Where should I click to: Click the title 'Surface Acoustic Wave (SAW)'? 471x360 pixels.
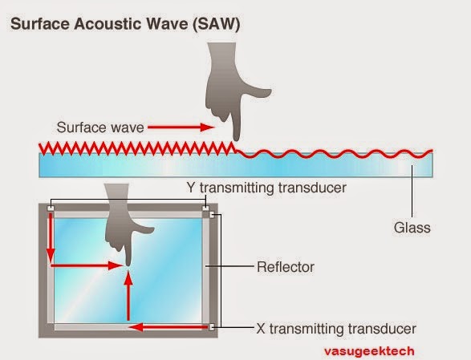[124, 24]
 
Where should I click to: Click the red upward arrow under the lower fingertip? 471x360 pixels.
[128, 297]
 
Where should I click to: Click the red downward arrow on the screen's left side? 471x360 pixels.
[51, 237]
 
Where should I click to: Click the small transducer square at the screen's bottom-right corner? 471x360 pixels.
[211, 327]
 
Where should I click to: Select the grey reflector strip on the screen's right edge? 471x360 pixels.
[212, 269]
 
